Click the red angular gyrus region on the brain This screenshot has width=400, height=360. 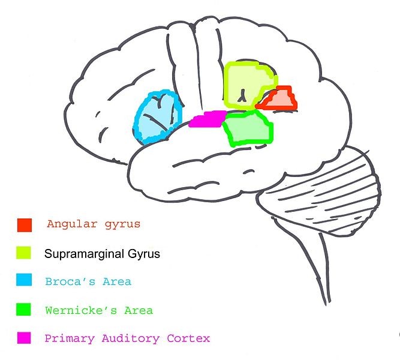[278, 100]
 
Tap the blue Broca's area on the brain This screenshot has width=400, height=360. [158, 118]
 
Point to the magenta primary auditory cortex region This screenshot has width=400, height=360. [207, 119]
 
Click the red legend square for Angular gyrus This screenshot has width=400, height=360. [25, 225]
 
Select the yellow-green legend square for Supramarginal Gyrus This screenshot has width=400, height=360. [25, 253]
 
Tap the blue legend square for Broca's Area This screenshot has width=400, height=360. [25, 281]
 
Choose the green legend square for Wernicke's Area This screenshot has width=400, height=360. [25, 310]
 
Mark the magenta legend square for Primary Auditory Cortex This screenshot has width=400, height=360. [25, 338]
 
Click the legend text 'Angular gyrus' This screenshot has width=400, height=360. [93, 224]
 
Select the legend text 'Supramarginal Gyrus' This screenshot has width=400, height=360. [103, 254]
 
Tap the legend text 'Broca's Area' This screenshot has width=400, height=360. [88, 281]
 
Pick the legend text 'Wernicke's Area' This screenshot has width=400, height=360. [99, 310]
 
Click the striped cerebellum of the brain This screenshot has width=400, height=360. [336, 180]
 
